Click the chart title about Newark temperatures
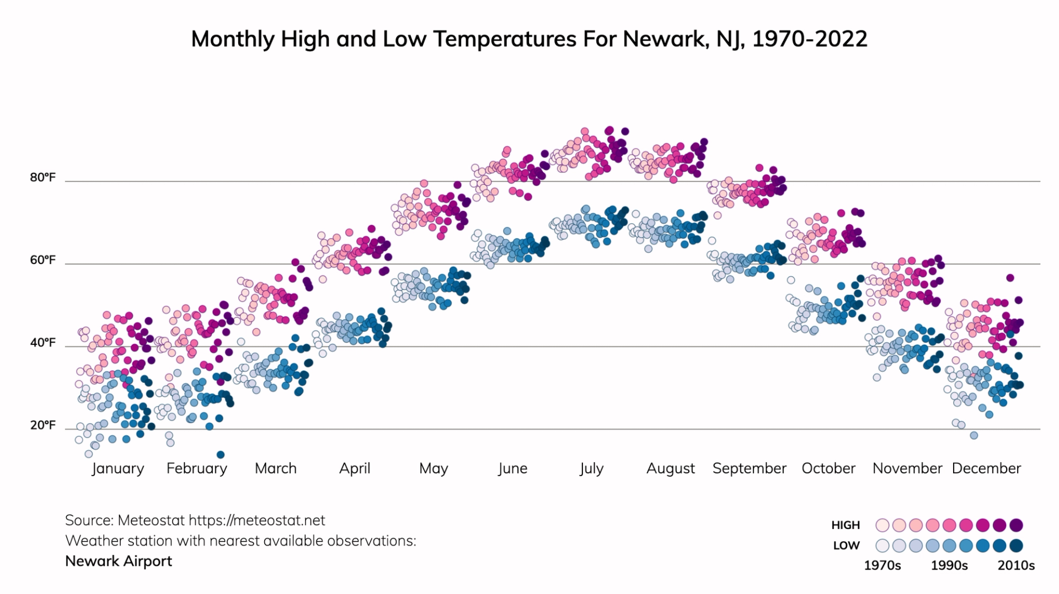[x=529, y=39]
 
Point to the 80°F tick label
[x=42, y=177]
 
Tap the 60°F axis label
[x=42, y=260]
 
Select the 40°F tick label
[x=42, y=343]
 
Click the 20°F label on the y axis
[x=42, y=425]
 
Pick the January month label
[x=117, y=468]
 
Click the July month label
[x=591, y=468]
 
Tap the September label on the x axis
[x=749, y=468]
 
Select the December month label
[x=986, y=468]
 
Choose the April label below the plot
[x=354, y=468]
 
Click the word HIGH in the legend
[x=846, y=525]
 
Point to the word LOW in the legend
[x=846, y=546]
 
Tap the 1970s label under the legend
[x=882, y=565]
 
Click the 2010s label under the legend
[x=1016, y=565]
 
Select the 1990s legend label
[x=949, y=565]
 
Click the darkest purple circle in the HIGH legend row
[x=1016, y=525]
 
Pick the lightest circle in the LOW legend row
[x=882, y=546]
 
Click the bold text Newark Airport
[x=119, y=561]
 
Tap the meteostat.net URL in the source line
[x=256, y=520]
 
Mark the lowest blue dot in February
[x=221, y=455]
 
